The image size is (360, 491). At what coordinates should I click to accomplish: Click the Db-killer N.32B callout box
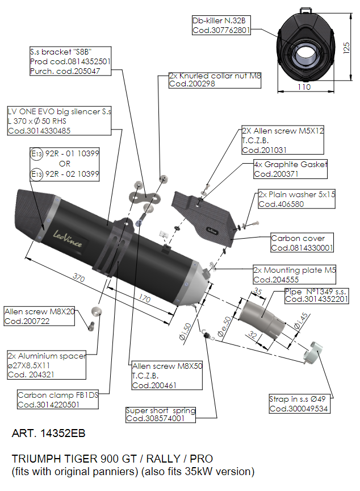tap(221, 25)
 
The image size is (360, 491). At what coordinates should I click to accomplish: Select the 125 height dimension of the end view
tap(346, 48)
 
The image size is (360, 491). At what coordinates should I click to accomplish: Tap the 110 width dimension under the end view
tap(304, 87)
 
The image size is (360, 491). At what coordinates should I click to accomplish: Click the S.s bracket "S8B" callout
tap(70, 61)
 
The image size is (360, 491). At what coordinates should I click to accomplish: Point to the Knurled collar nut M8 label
tap(215, 80)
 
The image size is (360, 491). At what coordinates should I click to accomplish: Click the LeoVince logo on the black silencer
tap(68, 238)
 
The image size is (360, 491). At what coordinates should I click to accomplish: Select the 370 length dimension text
tap(79, 277)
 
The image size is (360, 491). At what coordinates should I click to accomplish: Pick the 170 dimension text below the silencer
tap(144, 298)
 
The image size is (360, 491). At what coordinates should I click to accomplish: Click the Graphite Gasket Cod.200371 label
tap(291, 169)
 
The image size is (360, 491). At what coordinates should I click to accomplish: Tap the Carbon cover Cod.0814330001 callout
tap(302, 242)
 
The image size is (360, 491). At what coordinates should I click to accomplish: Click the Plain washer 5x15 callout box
tap(296, 199)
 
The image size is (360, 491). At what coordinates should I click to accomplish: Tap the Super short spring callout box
tap(161, 415)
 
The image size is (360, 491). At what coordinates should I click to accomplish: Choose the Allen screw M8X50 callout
tap(167, 376)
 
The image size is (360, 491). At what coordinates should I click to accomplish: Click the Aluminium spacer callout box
tap(47, 365)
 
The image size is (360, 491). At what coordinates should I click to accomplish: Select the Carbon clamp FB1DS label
tap(58, 400)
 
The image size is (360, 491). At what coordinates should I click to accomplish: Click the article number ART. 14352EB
tap(48, 434)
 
